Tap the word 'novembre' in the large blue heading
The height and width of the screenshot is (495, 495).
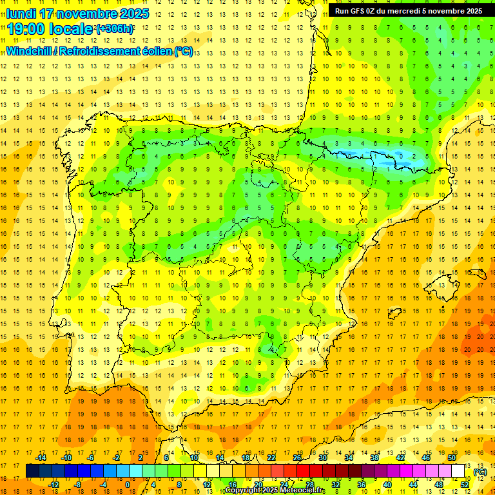click(x=84, y=14)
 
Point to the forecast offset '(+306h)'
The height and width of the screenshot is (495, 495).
click(x=114, y=29)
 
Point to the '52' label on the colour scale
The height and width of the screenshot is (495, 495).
click(x=464, y=485)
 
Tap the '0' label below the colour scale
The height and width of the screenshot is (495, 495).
click(x=129, y=485)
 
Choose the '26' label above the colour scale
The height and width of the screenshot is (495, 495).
click(x=296, y=458)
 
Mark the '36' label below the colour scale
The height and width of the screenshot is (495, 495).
click(x=361, y=485)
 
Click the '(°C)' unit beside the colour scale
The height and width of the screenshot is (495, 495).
click(x=480, y=472)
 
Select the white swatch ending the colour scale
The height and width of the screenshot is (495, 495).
click(x=458, y=471)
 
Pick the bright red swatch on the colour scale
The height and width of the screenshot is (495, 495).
click(x=303, y=471)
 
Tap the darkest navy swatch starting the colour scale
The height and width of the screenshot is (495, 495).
click(x=32, y=471)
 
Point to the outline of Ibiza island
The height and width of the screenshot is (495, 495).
click(x=394, y=314)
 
